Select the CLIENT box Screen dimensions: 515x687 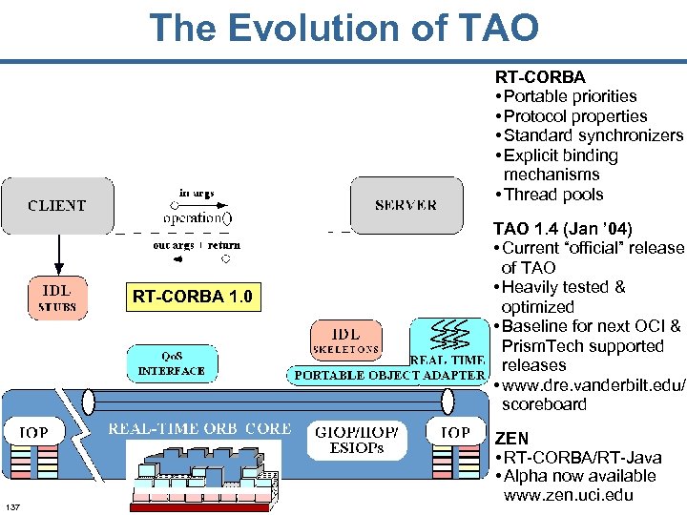57,205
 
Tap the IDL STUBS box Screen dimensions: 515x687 57,297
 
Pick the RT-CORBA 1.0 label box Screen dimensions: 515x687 192,297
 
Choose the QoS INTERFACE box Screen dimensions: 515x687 172,363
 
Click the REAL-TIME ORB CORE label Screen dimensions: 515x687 199,429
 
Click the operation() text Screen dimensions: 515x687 197,216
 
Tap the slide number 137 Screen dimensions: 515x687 13,505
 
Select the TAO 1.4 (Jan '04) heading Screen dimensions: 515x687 562,229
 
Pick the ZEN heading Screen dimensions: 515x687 510,438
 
